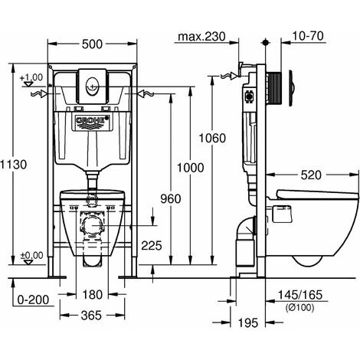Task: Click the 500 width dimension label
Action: [92, 44]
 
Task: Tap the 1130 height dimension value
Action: [13, 165]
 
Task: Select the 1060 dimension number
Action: [212, 138]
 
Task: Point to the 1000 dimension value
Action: [191, 168]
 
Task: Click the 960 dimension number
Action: [171, 198]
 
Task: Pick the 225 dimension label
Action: [152, 246]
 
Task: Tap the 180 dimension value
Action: [93, 295]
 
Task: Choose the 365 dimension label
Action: [91, 316]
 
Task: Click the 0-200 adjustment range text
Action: [34, 299]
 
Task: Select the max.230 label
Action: [201, 37]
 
